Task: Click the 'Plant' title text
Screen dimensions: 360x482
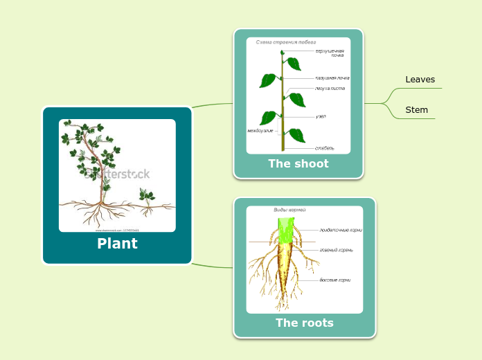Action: (117, 244)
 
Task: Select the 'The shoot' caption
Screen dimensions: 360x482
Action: (298, 164)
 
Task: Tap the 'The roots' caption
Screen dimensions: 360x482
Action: (304, 323)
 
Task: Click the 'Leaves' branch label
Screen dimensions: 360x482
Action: (420, 80)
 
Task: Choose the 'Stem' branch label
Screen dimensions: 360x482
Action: (416, 110)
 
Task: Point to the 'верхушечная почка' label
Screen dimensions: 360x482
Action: (329, 53)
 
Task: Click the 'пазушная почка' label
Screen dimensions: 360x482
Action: (332, 78)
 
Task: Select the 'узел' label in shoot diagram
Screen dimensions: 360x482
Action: (321, 116)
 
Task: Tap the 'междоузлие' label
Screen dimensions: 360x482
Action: (260, 130)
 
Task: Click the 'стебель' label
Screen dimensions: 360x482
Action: (324, 147)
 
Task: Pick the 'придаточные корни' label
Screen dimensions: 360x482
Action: (340, 230)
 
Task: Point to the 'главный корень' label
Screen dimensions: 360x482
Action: (336, 250)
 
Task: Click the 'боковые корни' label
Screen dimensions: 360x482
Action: (334, 280)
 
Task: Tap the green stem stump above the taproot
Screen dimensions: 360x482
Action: (287, 231)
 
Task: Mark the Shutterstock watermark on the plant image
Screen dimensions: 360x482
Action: (117, 174)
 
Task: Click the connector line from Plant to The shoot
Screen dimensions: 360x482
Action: (212, 105)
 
